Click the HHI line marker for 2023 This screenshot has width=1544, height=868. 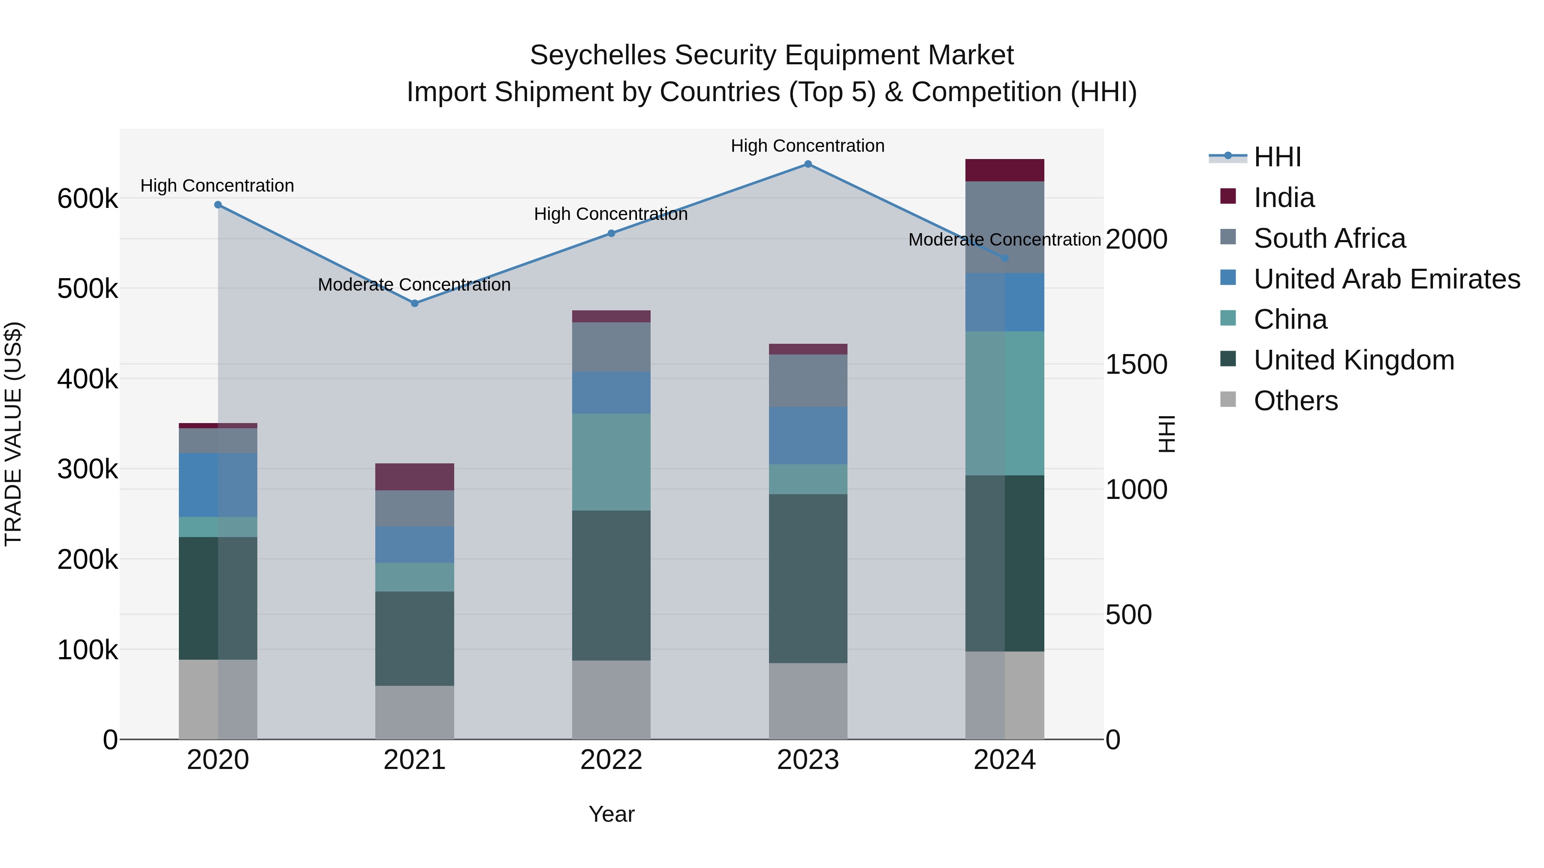808,164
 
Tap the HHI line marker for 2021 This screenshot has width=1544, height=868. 415,304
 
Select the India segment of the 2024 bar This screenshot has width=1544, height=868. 1004,171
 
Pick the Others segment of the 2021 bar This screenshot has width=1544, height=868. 415,712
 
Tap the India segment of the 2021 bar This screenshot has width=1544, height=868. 415,477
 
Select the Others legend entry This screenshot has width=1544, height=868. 1295,401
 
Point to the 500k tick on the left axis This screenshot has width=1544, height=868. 87,289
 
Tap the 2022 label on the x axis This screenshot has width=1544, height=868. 611,760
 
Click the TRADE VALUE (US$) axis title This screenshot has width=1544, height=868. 13,434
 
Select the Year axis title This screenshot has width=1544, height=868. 611,814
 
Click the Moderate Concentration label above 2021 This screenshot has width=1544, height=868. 414,285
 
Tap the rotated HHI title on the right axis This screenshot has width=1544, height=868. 1167,434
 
